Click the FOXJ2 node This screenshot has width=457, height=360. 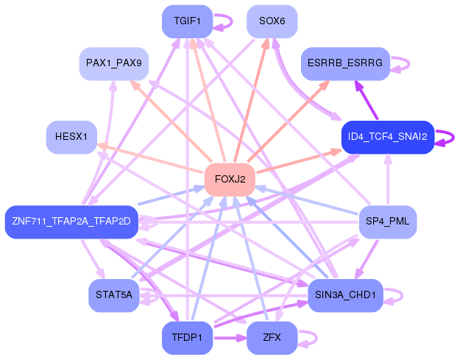tap(230, 180)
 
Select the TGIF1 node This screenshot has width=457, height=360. tap(187, 21)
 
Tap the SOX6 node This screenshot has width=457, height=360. tap(272, 21)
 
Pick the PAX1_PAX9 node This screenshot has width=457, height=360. tap(114, 63)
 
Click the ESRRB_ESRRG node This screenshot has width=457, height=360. tap(345, 63)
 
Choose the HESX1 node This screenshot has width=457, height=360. tap(71, 137)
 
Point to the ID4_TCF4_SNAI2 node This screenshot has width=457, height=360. tap(388, 137)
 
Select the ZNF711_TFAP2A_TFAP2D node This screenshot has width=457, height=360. tap(71, 222)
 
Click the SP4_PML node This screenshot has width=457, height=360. tap(388, 222)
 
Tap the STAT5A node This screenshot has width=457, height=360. tap(114, 295)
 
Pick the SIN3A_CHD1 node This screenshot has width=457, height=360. tap(345, 295)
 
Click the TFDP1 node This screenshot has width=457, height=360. tap(187, 338)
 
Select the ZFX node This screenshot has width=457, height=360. tap(272, 338)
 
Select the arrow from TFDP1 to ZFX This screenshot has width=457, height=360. tap(230, 338)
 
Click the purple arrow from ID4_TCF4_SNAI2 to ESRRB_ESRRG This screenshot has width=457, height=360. tap(366, 100)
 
